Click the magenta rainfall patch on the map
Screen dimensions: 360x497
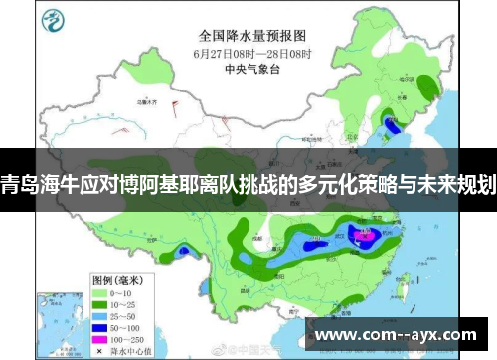365,236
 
